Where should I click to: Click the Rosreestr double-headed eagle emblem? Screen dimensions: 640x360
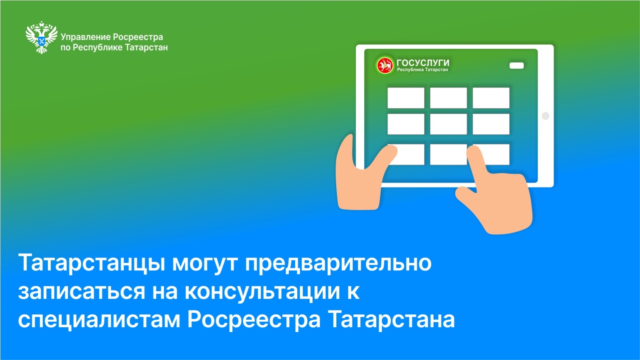42,37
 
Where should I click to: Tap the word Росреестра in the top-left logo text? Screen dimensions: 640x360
138,37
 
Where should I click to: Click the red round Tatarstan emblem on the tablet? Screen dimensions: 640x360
384,66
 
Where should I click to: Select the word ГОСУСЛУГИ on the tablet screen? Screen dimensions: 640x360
423,62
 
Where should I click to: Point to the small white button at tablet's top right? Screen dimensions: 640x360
516,66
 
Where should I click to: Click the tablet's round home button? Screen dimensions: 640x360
546,116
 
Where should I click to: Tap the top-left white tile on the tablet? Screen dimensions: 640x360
406,98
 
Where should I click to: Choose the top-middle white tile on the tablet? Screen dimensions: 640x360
448,98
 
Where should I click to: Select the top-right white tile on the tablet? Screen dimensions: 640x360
491,98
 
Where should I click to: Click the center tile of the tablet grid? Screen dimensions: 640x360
448,124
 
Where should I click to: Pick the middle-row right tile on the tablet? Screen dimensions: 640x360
491,124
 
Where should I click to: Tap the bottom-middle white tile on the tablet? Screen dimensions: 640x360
448,154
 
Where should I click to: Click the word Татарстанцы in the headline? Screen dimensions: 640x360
92,263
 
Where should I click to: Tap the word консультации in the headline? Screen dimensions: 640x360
262,292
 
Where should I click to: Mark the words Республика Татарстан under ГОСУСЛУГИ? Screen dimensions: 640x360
422,70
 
